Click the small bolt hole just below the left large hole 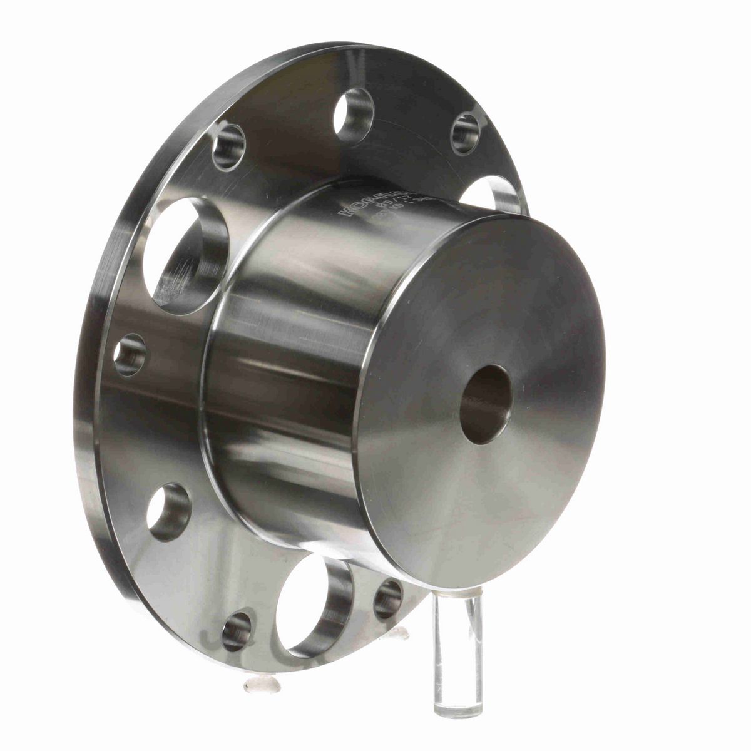(x=131, y=355)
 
